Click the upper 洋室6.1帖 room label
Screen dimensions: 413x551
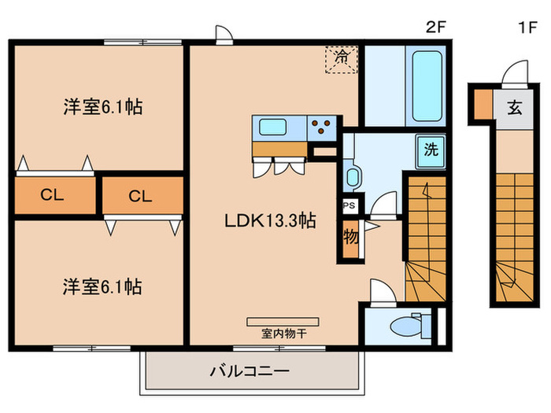pos(102,108)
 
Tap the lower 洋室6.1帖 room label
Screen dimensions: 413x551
pos(102,286)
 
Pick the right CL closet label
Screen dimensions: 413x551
pos(140,197)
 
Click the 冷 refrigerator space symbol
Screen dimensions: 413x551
pos(342,57)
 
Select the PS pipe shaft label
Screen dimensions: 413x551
pos(349,205)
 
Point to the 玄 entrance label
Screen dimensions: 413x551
pos(513,108)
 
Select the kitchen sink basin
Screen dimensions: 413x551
pos(275,127)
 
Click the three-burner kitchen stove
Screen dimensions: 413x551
pos(323,127)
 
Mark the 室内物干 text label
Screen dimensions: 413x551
pos(283,334)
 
